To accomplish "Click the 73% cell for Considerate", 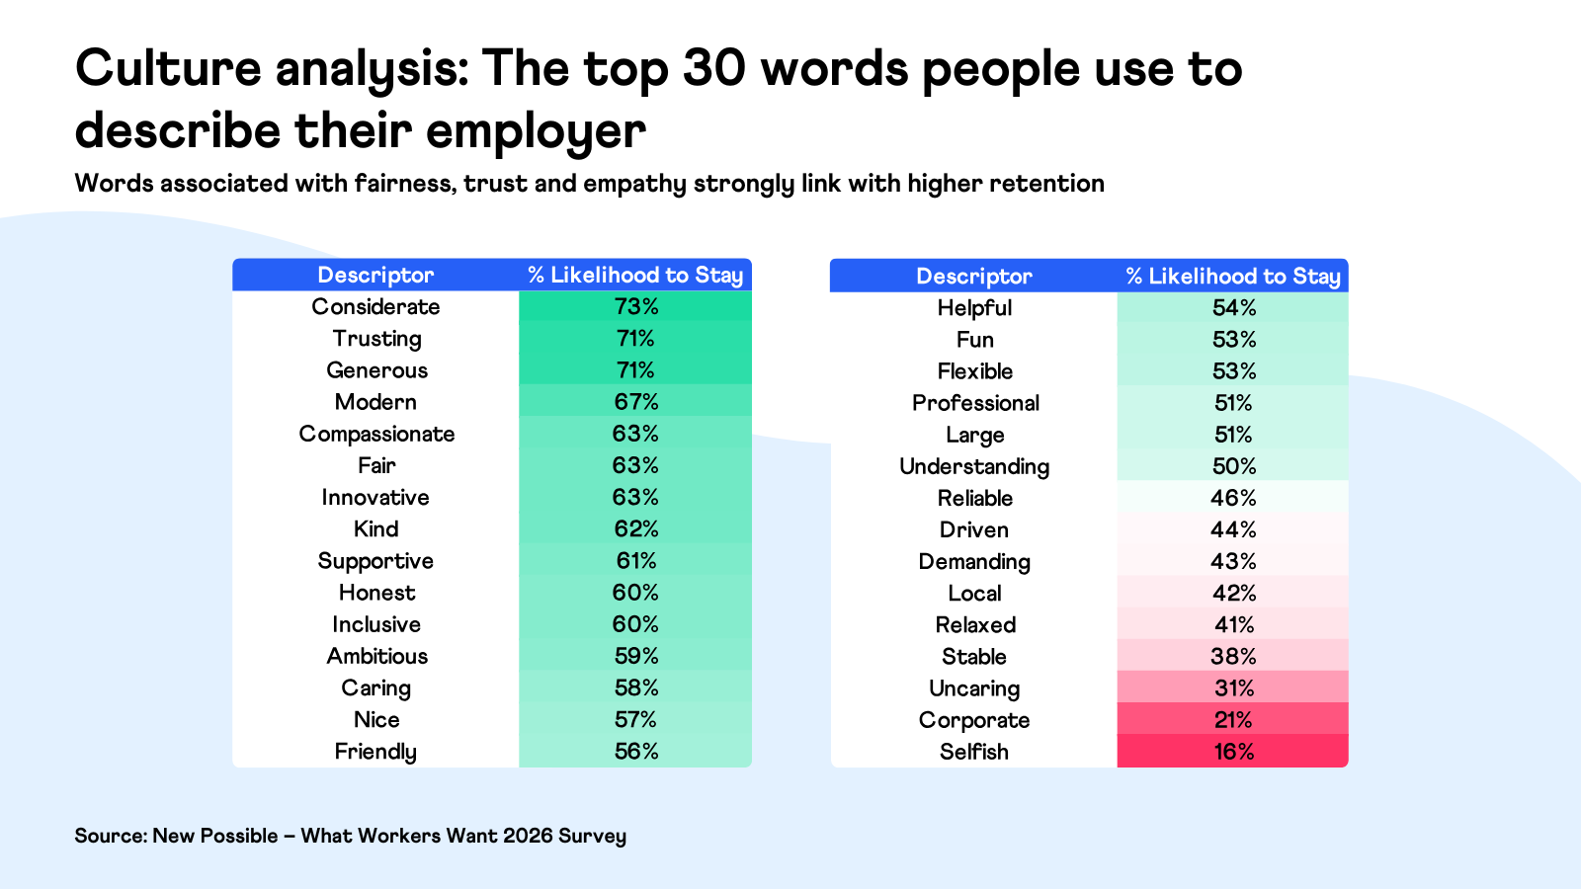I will click(635, 307).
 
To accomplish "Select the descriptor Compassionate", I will click(376, 435).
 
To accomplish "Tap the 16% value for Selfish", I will click(1233, 752).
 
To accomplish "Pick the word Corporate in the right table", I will click(974, 720).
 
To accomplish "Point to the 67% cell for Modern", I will click(635, 402).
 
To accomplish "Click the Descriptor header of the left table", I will click(375, 276).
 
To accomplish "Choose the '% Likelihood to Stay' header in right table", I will click(1233, 277).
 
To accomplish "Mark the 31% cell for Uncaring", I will click(1233, 688).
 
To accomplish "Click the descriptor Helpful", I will click(974, 308).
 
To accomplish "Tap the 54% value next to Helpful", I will click(1233, 308).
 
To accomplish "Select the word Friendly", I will click(375, 752).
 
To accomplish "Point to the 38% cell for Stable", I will click(1233, 657).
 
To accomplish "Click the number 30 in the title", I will click(713, 69).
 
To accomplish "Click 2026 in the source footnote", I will click(528, 836).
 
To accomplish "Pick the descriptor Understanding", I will click(974, 466).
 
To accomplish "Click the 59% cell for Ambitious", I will click(635, 657).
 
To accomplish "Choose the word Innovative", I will click(375, 498).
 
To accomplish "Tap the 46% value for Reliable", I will click(1233, 498).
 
